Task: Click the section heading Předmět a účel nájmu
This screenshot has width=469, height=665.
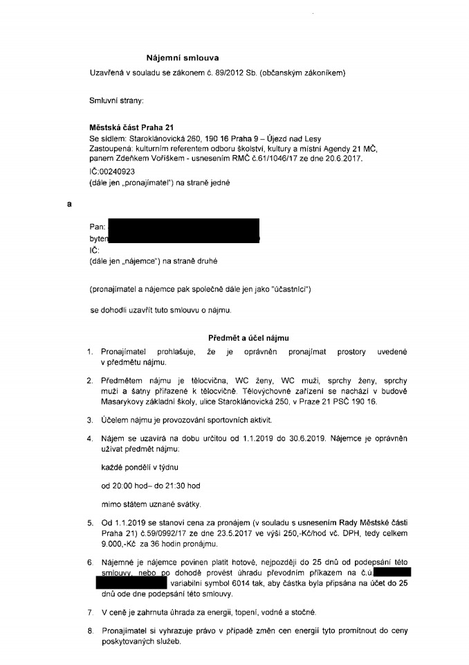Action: click(x=248, y=337)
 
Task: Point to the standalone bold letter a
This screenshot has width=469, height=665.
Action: click(x=69, y=205)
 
